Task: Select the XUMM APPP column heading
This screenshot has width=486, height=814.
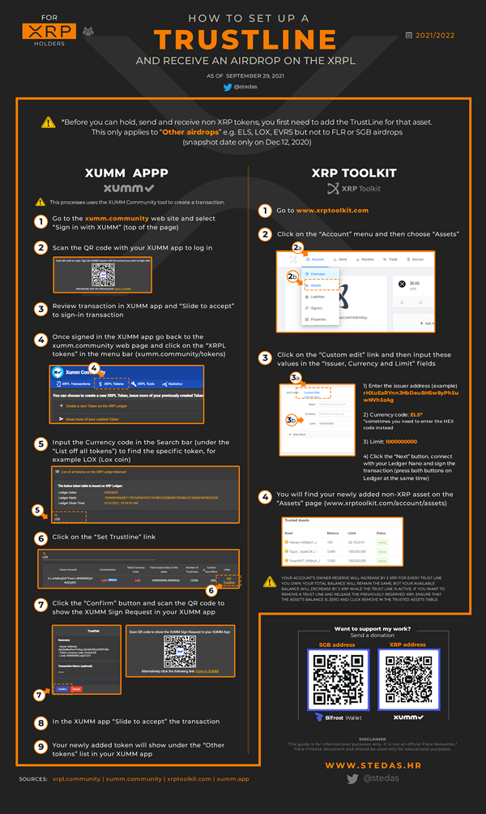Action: pyautogui.click(x=126, y=173)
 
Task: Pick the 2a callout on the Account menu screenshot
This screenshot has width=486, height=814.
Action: pyautogui.click(x=298, y=247)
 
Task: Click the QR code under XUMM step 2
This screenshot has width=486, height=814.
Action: pyautogui.click(x=101, y=274)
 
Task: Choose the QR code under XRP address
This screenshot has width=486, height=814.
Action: pyautogui.click(x=407, y=683)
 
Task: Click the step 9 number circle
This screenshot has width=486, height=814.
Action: pyautogui.click(x=40, y=745)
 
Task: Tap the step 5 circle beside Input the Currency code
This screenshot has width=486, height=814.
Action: pyautogui.click(x=40, y=443)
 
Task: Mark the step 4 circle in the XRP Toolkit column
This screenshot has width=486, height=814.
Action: pyautogui.click(x=265, y=497)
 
